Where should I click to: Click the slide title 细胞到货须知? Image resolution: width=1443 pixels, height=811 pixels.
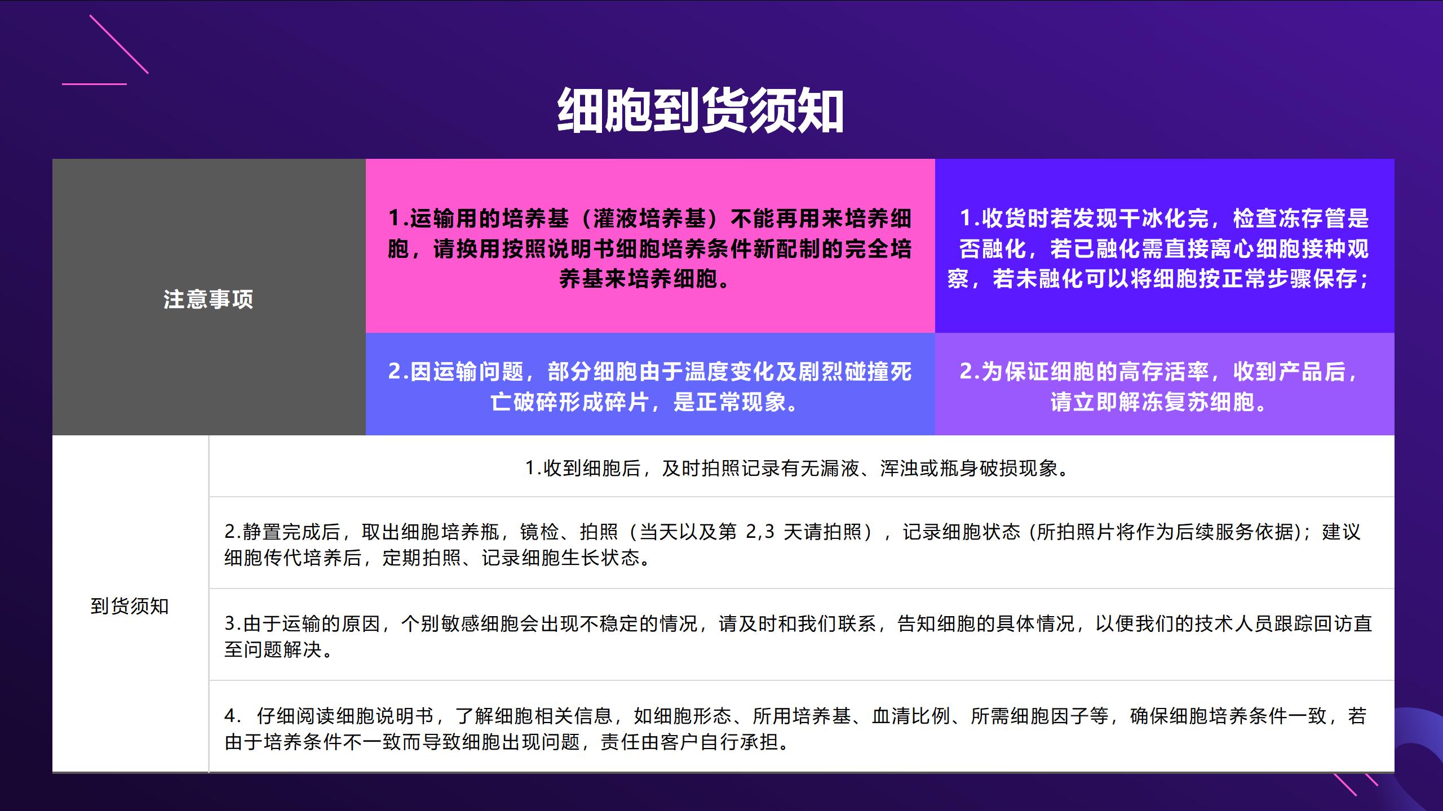point(701,111)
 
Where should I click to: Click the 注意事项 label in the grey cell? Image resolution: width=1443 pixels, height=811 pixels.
point(209,299)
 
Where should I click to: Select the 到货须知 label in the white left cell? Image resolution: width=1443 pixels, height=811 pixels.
point(130,606)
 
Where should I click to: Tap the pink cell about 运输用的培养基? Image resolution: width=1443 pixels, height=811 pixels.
point(650,246)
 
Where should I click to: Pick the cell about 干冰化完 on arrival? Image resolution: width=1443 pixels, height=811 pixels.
point(1165,246)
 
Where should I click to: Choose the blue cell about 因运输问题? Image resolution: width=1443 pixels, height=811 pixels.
point(650,384)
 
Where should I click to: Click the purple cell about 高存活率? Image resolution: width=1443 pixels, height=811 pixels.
point(1165,384)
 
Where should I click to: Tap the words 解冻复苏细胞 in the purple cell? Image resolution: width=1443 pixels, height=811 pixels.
point(1186,402)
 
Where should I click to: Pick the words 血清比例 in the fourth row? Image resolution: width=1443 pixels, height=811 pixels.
point(911,716)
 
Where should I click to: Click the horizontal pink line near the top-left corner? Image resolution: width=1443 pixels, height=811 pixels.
point(94,84)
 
